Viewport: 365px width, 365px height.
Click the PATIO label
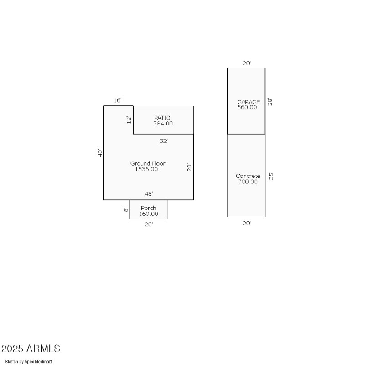click(x=163, y=118)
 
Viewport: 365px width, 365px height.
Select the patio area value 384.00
click(x=163, y=124)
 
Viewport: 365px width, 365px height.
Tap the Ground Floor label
click(x=148, y=163)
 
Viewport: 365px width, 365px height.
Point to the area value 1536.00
click(x=146, y=169)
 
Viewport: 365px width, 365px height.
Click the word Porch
click(x=148, y=208)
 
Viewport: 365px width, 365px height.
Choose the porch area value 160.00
click(x=148, y=214)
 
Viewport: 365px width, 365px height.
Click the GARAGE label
click(x=248, y=102)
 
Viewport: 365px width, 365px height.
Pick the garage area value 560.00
click(x=247, y=108)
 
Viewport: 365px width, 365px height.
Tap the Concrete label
click(x=248, y=176)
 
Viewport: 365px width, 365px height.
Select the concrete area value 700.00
click(x=247, y=182)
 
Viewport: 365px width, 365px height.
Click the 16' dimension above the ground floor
click(x=118, y=100)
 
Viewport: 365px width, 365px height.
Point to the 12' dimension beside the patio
click(x=129, y=120)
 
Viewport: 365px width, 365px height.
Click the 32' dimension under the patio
click(x=164, y=141)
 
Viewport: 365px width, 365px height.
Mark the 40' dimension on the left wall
click(x=100, y=153)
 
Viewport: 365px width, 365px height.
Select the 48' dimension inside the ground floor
click(x=149, y=194)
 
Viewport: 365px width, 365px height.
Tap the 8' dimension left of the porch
click(x=126, y=210)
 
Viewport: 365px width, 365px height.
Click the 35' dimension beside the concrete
click(x=271, y=176)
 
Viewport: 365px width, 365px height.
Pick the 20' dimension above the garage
click(x=246, y=63)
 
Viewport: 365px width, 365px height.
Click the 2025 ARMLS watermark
click(x=31, y=349)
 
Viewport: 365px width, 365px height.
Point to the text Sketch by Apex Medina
click(x=28, y=362)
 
